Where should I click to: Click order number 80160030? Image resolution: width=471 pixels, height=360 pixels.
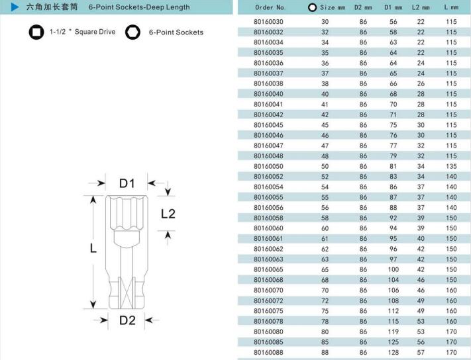[268, 22]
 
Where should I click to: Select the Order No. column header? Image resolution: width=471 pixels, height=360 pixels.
[270, 7]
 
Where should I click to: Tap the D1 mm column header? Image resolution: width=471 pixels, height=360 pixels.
[393, 7]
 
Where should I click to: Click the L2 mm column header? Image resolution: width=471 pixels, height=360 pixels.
[421, 7]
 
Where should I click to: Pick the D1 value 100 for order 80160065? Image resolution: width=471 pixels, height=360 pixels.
[393, 269]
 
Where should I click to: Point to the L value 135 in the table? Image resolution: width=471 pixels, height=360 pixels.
[451, 166]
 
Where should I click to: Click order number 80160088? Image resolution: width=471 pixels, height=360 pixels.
[268, 352]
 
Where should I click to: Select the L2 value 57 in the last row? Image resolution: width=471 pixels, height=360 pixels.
[421, 352]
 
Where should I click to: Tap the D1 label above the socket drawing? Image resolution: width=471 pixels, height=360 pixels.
[127, 183]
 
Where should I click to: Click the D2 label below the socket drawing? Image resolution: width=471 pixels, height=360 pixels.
[127, 320]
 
